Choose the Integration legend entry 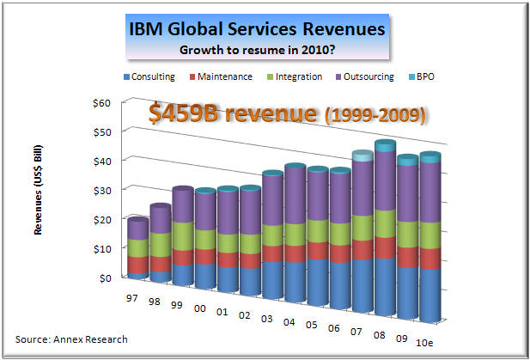tap(298, 76)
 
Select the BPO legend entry tap(425, 76)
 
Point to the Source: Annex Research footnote tap(71, 339)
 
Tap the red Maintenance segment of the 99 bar tap(182, 257)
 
